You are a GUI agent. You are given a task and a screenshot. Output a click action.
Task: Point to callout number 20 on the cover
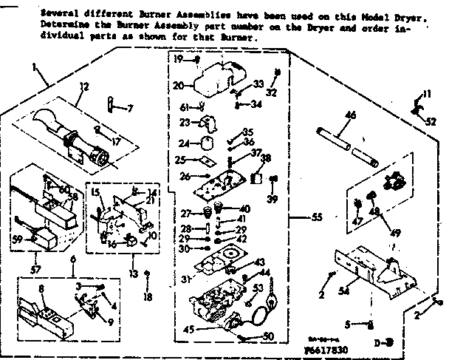[179, 85]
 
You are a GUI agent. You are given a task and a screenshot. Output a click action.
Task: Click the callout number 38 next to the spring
[267, 158]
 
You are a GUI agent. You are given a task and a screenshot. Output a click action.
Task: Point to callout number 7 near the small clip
[131, 108]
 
